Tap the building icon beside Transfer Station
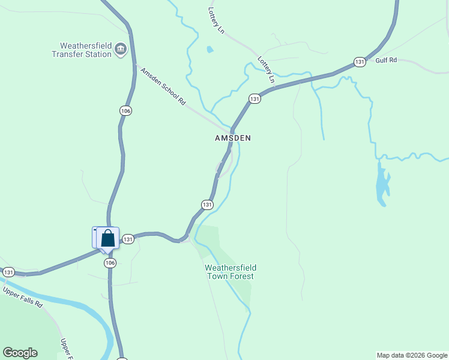pyautogui.click(x=121, y=49)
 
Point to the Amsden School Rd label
pyautogui.click(x=163, y=87)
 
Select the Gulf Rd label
pyautogui.click(x=387, y=61)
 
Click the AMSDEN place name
pyautogui.click(x=233, y=138)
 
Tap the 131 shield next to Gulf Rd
pyautogui.click(x=360, y=62)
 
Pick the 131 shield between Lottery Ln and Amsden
pyautogui.click(x=255, y=98)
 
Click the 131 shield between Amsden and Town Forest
pyautogui.click(x=207, y=205)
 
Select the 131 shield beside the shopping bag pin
pyautogui.click(x=128, y=239)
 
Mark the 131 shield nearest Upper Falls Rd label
pyautogui.click(x=8, y=272)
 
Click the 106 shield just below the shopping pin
pyautogui.click(x=110, y=263)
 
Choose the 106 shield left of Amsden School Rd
pyautogui.click(x=125, y=111)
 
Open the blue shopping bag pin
pyautogui.click(x=107, y=238)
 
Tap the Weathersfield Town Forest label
pyautogui.click(x=230, y=272)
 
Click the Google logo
pyautogui.click(x=20, y=353)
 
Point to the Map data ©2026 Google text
pyautogui.click(x=412, y=355)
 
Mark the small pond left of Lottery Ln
pyautogui.click(x=209, y=50)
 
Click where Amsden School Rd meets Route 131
pyautogui.click(x=231, y=131)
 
